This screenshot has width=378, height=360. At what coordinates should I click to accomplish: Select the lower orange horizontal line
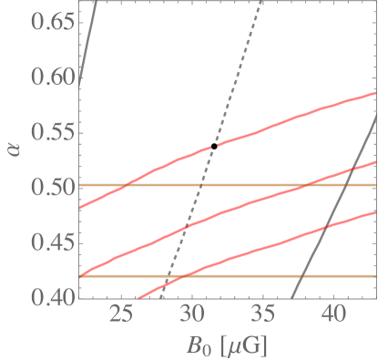click(x=273, y=274)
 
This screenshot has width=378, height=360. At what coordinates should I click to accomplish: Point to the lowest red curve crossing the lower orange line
click(x=185, y=274)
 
